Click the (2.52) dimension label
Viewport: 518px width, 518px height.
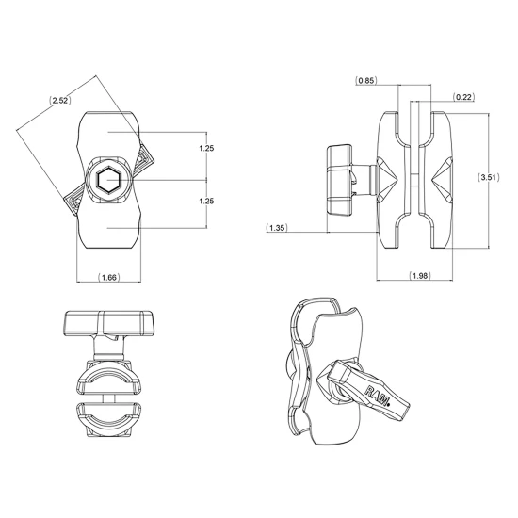coord(60,100)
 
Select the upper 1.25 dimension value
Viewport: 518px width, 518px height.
coord(206,148)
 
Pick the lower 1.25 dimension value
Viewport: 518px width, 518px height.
coord(206,201)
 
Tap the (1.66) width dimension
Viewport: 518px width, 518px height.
coord(109,277)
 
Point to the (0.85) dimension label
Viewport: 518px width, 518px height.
coord(366,80)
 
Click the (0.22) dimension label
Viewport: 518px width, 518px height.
coord(463,97)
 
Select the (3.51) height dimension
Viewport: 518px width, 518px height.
coord(489,177)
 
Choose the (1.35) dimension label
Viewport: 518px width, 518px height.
coord(277,228)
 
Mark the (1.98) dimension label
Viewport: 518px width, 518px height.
coord(420,276)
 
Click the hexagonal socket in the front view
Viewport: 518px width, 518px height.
coord(109,181)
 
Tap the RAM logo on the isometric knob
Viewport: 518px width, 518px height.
coord(378,395)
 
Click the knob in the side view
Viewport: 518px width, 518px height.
coord(339,179)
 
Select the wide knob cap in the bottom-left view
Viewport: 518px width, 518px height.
coord(109,323)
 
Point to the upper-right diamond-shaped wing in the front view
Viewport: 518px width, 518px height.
coord(145,159)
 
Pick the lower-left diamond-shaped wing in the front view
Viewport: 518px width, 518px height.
coord(74,201)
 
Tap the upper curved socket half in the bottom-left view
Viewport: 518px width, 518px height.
coord(108,378)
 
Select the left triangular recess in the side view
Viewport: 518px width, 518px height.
coord(387,178)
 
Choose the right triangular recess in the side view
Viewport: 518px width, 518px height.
coord(443,179)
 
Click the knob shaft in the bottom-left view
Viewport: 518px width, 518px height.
coord(109,348)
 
